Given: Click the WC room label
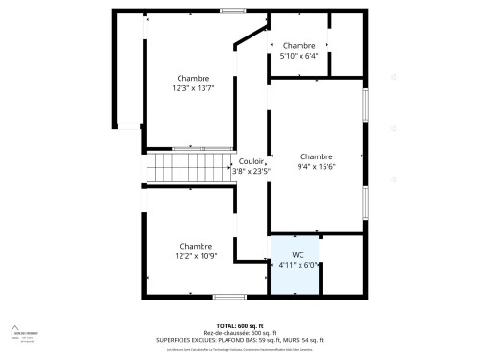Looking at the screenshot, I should pos(298,255).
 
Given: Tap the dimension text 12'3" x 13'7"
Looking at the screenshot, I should pos(194,88).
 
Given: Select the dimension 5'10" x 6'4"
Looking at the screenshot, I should pos(299,56).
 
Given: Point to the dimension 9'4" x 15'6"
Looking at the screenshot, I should pos(316,166).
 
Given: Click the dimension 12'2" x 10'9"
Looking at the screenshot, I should pos(196,255).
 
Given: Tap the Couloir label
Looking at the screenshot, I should pos(252,161).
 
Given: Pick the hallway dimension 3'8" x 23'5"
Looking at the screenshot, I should pos(252,171).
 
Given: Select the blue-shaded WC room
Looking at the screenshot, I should pos(297,274).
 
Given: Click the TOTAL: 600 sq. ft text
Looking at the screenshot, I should pos(239,326).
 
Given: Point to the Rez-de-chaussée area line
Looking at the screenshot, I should pos(239,333).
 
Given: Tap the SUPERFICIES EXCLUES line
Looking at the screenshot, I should pos(239,340).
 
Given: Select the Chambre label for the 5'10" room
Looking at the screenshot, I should pos(299,45).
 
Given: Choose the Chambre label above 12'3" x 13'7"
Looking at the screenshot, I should pos(194,78).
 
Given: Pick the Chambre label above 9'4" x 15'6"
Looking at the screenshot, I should pos(316,156).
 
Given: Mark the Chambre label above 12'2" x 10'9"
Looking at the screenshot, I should pos(196,245).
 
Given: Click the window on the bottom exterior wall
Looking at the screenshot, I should pos(228,297).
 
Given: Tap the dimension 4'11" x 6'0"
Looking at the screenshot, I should pos(298,265).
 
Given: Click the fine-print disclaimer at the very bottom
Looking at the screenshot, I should pos(239,349).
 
